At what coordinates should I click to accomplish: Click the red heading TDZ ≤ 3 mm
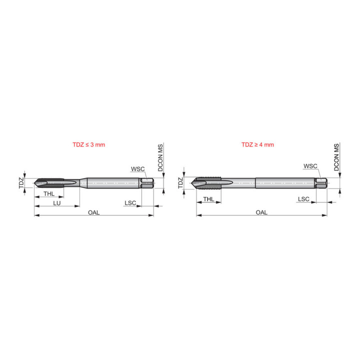(x=89, y=144)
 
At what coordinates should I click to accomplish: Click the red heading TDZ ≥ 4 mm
(x=257, y=144)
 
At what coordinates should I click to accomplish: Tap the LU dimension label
(x=56, y=203)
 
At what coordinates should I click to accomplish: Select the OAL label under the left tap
(x=93, y=212)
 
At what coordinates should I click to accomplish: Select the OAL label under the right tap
(x=261, y=212)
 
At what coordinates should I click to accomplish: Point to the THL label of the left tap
(x=49, y=194)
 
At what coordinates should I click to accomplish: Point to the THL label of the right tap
(x=208, y=199)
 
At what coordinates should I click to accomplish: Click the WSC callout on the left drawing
(x=138, y=169)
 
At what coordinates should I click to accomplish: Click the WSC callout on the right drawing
(x=310, y=166)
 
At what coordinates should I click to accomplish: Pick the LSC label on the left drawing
(x=130, y=203)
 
